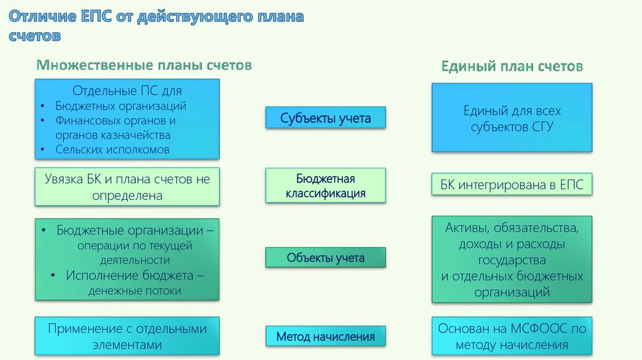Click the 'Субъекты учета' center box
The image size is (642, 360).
325,117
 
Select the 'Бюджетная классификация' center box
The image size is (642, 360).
325,186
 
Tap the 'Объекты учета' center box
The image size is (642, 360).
325,258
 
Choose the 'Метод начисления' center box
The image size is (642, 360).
325,337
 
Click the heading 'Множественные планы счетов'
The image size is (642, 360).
144,65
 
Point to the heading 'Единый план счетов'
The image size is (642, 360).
512,66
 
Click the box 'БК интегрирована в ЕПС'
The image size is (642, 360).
512,185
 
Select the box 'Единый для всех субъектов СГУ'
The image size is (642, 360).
512,118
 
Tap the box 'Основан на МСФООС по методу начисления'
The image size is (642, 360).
512,336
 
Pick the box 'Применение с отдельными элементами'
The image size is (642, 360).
127,336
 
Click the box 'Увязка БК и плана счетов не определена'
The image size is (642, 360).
127,187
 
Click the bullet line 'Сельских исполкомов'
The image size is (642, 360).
112,149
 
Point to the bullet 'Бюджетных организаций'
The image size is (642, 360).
120,106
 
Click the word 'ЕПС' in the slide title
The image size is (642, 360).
97,17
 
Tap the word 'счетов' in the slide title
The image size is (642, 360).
35,36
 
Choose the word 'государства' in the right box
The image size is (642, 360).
512,260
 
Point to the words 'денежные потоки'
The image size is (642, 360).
135,290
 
